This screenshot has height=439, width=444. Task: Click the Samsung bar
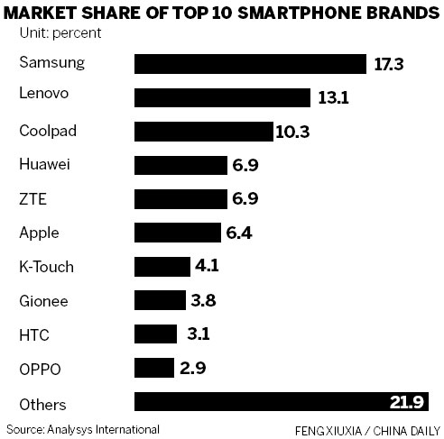251,63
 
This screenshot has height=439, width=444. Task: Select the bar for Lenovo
222,97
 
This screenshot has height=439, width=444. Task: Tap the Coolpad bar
203,132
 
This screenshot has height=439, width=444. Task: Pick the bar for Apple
177,233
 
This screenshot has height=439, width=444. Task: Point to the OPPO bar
153,368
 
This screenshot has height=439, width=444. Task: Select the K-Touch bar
160,267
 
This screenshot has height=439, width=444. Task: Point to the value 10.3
292,132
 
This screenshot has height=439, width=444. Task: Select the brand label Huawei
44,164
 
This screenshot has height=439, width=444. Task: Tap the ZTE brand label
32,198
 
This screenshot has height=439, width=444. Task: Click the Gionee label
43,300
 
